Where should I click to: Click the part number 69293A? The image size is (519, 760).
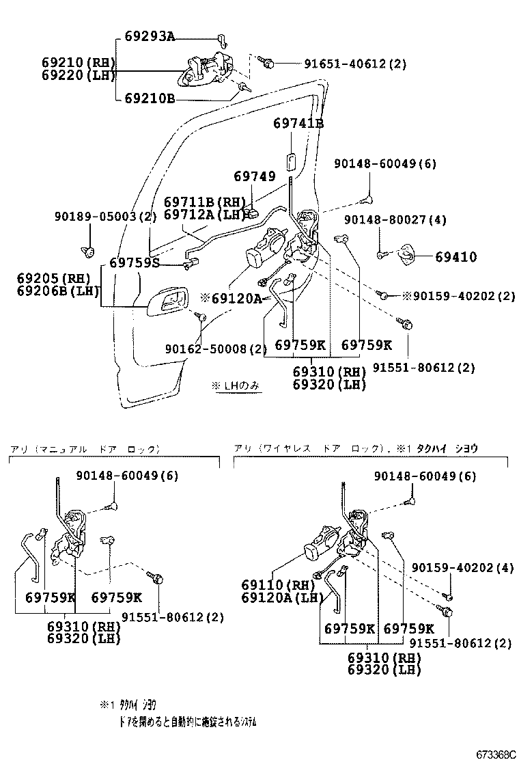pos(150,36)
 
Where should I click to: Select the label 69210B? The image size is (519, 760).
pos(150,98)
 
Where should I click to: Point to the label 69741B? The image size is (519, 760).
pos(298,124)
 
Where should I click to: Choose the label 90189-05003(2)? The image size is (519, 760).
pos(105,217)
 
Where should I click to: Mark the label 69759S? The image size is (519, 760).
pos(135,262)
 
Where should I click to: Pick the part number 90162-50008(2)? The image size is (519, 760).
pos(215,349)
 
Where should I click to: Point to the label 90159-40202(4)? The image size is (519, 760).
pos(462,568)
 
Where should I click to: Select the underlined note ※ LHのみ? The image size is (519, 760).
pos(236,386)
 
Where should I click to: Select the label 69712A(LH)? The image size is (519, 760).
pos(204,215)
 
